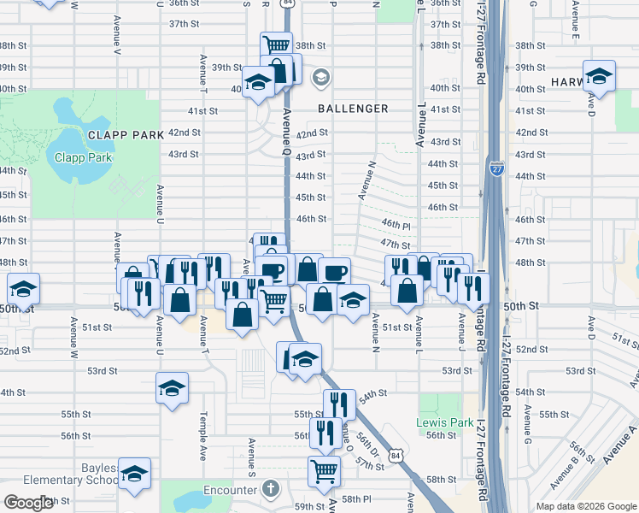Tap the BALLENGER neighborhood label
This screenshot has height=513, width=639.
click(353, 109)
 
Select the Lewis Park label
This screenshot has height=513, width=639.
click(432, 422)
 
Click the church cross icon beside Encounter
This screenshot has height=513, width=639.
click(271, 490)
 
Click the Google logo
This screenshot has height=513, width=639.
click(28, 503)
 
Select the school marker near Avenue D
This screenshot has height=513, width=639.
click(599, 76)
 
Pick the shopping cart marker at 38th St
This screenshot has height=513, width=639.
click(276, 45)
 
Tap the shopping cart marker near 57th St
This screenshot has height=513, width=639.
click(325, 469)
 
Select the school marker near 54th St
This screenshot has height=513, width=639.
click(172, 388)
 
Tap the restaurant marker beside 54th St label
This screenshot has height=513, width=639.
click(339, 404)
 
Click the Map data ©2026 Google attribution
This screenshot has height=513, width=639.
click(584, 506)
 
